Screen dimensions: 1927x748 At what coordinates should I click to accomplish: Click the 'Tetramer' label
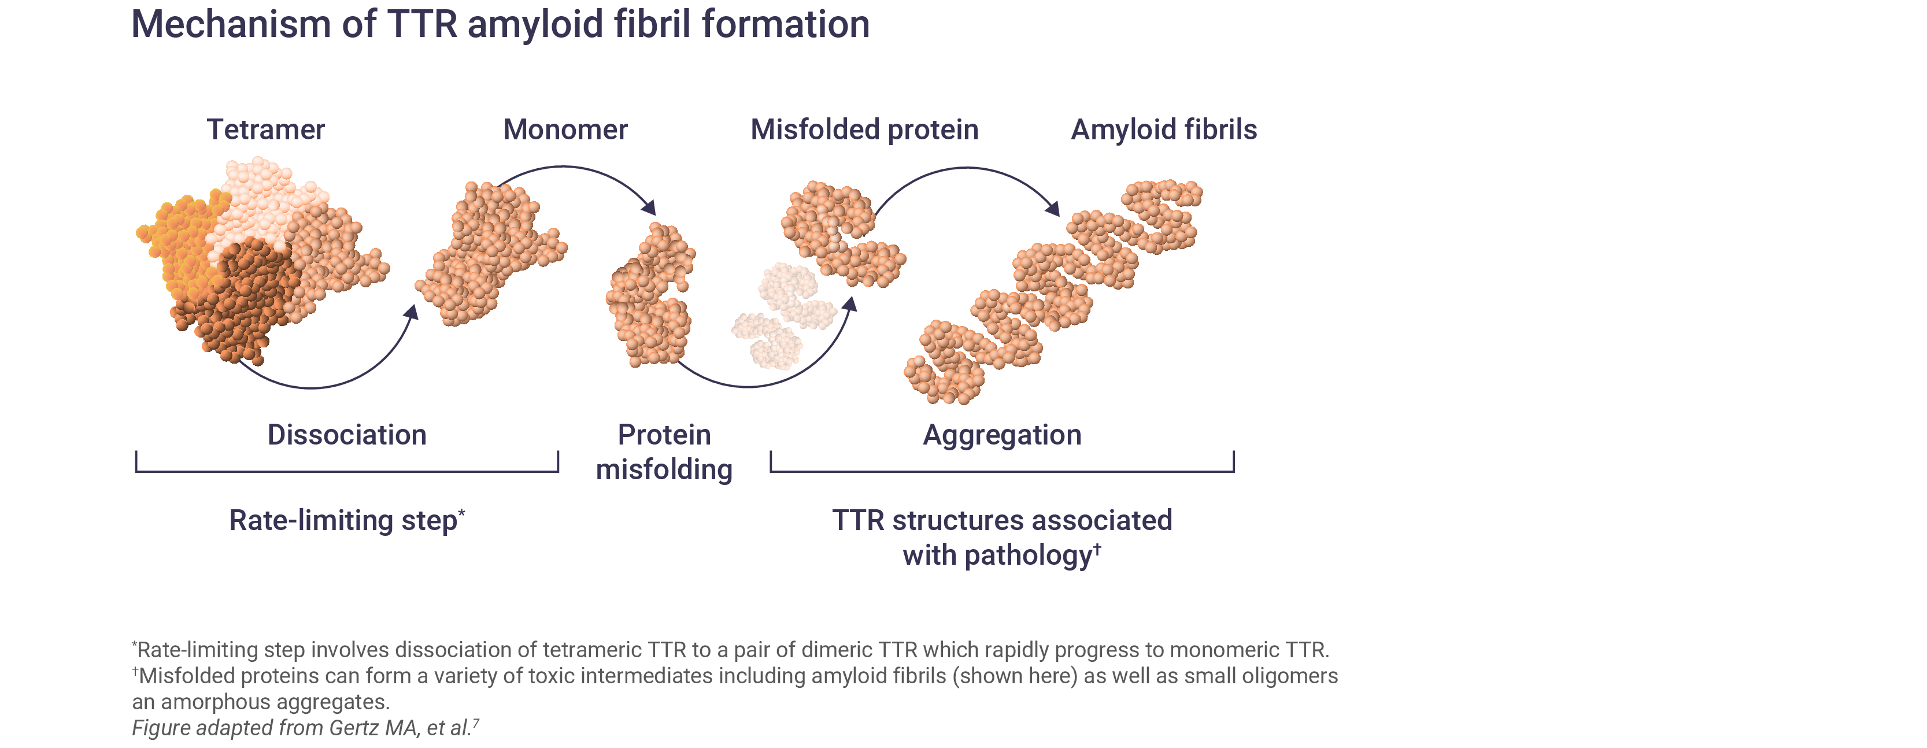click(x=265, y=129)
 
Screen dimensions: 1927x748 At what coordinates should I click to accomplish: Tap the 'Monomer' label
click(x=565, y=129)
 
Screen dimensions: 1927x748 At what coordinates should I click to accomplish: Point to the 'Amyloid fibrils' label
click(x=1163, y=129)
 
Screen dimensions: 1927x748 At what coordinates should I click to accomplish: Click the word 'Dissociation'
click(x=347, y=435)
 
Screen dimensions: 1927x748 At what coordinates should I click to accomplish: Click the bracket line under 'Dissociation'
click(x=347, y=471)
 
